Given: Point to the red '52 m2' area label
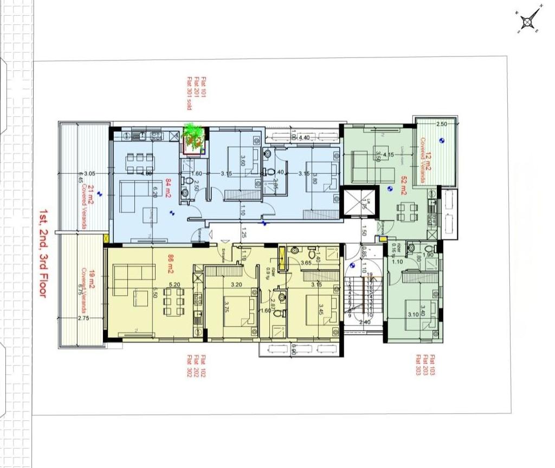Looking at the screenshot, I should coord(404,185).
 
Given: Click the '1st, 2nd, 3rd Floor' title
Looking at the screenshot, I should coord(42,253).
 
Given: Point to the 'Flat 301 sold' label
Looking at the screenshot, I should coord(190,93).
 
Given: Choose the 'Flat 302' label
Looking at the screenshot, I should coord(190,366).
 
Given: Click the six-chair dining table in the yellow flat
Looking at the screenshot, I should coord(173,298).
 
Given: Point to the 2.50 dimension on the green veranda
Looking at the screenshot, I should coord(442,124).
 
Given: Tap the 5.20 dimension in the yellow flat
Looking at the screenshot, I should coord(175,284).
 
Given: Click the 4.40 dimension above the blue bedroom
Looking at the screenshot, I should coord(304,138).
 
